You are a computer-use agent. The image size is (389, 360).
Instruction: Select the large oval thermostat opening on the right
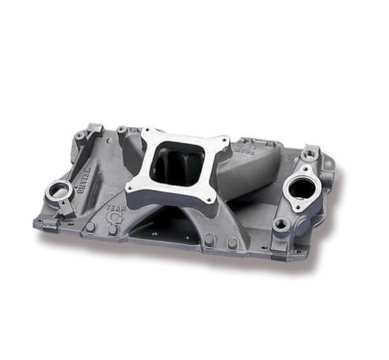point(302,188)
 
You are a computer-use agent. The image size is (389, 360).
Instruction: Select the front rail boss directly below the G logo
point(113,231)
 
